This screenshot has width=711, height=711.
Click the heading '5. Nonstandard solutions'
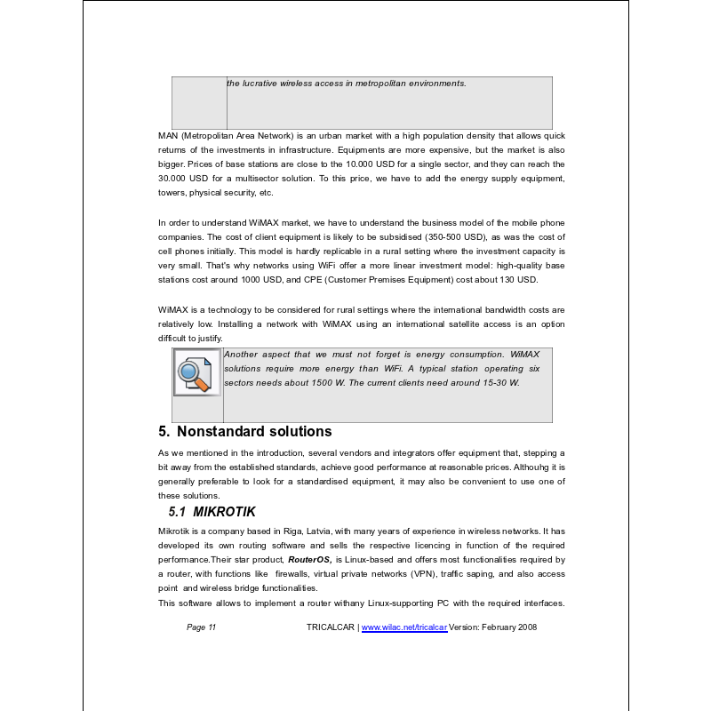[245, 432]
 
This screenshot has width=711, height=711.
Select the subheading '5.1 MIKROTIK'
[212, 512]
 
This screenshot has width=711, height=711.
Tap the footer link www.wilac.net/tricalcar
[404, 627]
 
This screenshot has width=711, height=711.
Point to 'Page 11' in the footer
[202, 627]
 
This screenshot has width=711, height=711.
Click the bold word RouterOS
[309, 560]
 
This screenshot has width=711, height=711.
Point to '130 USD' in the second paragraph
[517, 280]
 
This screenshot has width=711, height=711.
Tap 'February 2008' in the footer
[508, 627]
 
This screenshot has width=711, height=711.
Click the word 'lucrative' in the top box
[260, 84]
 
